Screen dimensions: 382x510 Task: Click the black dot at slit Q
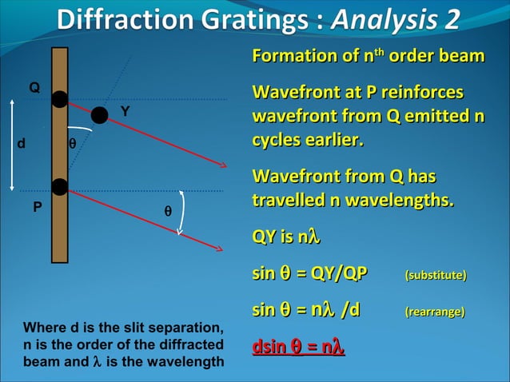click(x=59, y=99)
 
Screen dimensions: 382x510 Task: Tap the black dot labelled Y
click(x=99, y=115)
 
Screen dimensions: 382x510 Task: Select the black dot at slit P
click(x=59, y=187)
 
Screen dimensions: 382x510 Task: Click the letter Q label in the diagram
click(x=34, y=86)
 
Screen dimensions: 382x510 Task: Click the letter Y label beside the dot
click(x=126, y=112)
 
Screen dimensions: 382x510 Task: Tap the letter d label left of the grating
click(x=21, y=145)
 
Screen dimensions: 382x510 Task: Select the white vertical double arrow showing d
click(x=12, y=144)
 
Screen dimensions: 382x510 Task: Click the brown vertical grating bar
click(x=60, y=232)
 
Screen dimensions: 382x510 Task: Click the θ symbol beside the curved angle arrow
click(x=167, y=212)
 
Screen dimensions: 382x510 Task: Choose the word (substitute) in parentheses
click(x=436, y=276)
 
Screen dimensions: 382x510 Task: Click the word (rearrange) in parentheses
click(x=435, y=312)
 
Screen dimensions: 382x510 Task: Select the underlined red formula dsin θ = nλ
click(x=298, y=348)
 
